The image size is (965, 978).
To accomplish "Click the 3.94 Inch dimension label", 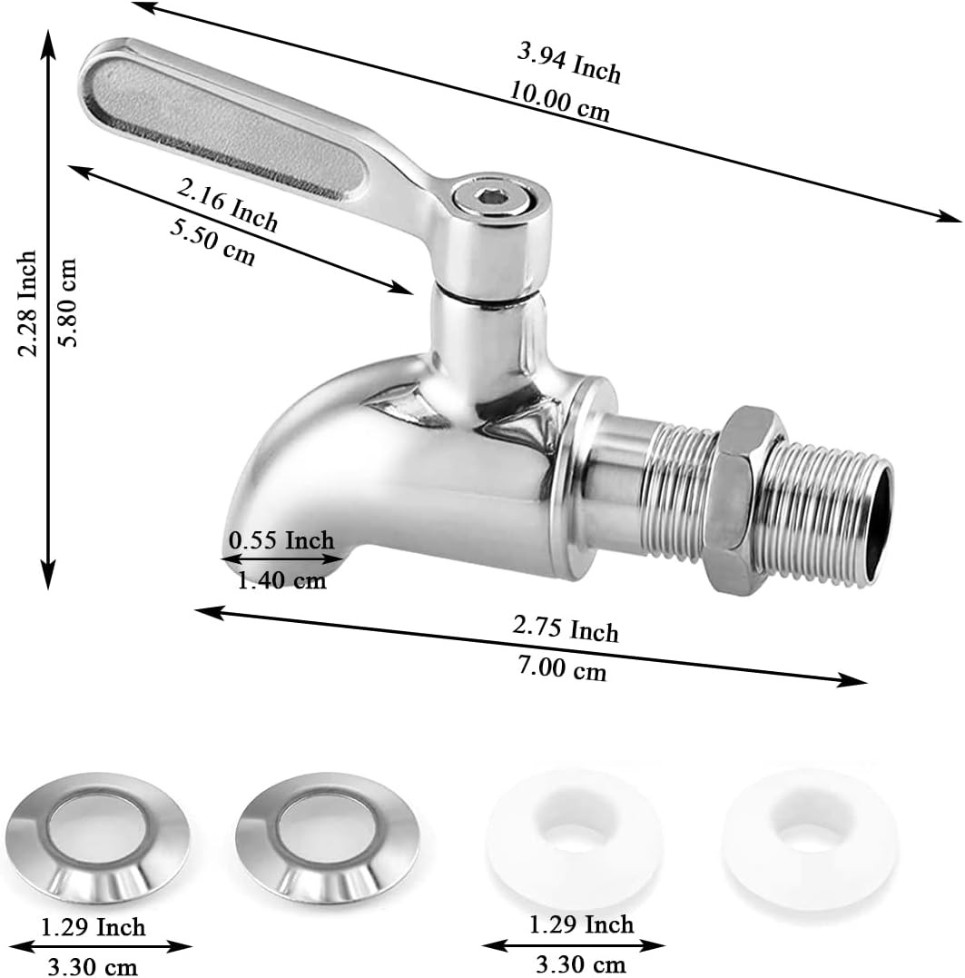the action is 569,63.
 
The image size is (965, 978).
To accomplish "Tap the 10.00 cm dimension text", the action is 560,101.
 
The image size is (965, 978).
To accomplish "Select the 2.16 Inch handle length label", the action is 227,204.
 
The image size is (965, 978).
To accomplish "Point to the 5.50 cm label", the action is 212,242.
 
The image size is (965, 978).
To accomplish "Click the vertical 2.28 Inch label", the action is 27,304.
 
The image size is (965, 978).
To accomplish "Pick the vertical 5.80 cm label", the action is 66,303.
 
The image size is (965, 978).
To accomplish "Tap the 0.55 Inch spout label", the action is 281,540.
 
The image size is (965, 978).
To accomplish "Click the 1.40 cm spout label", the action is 281,580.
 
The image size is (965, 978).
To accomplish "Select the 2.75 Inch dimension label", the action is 566,628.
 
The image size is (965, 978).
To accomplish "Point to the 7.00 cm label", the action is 562,668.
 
